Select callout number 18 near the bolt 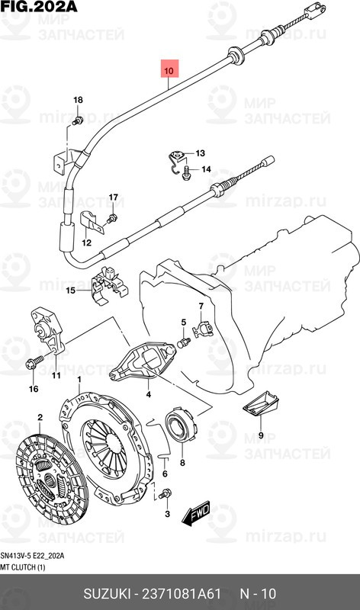(x=78, y=101)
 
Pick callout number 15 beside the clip (x=70, y=290)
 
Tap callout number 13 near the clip (x=189, y=152)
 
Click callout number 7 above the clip (x=201, y=306)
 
